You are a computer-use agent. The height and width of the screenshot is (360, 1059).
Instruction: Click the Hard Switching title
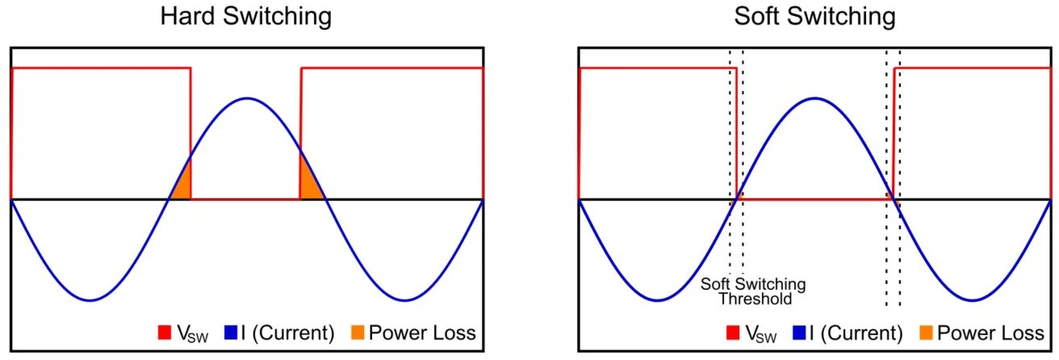tap(247, 16)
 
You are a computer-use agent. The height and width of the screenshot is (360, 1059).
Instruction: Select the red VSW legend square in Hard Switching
tap(164, 333)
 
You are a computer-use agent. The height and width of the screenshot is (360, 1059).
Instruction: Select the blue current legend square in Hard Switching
tap(234, 333)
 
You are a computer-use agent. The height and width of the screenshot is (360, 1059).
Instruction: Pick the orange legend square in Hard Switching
tap(356, 333)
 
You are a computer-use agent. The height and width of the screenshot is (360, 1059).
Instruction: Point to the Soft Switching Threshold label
tap(752, 291)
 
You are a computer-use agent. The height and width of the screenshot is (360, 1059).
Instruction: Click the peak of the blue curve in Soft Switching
tap(814, 98)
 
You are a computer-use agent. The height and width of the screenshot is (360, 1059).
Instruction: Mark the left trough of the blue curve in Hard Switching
tap(90, 300)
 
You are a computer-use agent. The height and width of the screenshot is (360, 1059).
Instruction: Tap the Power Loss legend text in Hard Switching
tap(421, 333)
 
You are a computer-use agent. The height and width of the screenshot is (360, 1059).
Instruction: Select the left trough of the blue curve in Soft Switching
tap(658, 300)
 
